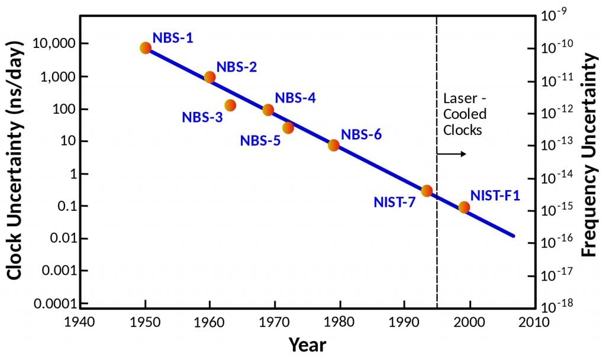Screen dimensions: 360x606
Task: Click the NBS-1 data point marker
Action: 146,48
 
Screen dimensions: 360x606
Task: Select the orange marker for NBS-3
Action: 230,105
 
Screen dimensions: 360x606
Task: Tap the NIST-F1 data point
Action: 464,207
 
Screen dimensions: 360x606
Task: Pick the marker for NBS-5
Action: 288,128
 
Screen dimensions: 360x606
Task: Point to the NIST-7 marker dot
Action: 427,191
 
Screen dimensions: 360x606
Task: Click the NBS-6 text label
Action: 361,134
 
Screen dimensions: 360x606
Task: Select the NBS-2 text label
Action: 236,67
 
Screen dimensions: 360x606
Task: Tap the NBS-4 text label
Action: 295,98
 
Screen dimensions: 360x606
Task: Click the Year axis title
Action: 307,344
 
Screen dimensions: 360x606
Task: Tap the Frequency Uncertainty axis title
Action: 588,154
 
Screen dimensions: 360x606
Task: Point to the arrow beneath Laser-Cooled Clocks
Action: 452,154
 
